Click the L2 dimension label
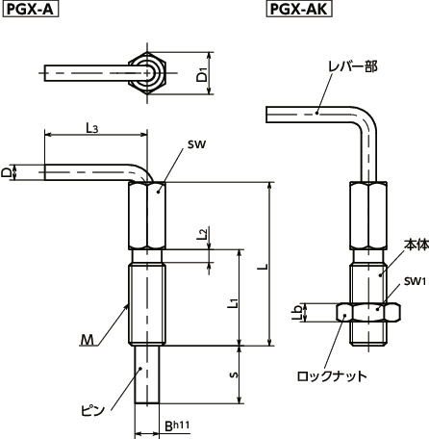tap(201, 234)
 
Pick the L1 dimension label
tap(234, 303)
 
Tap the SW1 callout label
tap(414, 281)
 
